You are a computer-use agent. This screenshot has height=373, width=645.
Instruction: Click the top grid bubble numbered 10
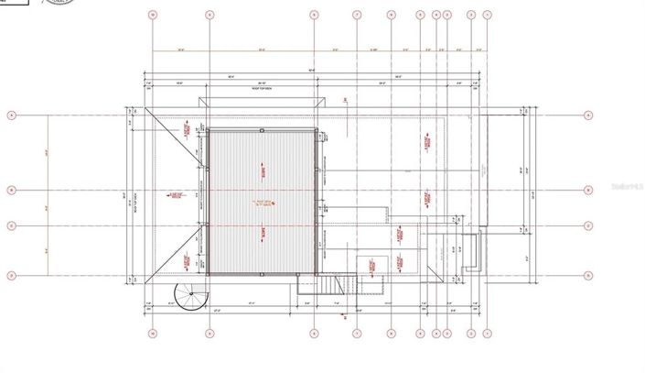(154, 15)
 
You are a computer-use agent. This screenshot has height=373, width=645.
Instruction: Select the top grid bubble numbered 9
(210, 15)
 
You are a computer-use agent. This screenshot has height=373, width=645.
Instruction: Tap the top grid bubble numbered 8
(314, 15)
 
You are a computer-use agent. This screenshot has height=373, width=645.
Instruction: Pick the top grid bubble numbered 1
(487, 15)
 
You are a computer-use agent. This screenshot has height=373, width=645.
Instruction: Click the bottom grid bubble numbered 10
(154, 334)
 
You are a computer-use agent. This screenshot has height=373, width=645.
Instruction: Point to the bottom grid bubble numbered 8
(314, 334)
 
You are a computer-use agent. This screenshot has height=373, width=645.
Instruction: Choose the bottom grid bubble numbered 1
(487, 334)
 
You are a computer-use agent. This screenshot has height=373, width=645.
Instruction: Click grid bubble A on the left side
(12, 115)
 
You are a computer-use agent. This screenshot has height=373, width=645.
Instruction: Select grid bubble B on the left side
(12, 191)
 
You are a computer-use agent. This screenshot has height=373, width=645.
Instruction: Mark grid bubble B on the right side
(587, 191)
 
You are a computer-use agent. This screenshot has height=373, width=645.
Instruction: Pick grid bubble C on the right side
(587, 225)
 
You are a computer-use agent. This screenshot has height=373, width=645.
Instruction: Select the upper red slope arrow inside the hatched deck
(263, 170)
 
